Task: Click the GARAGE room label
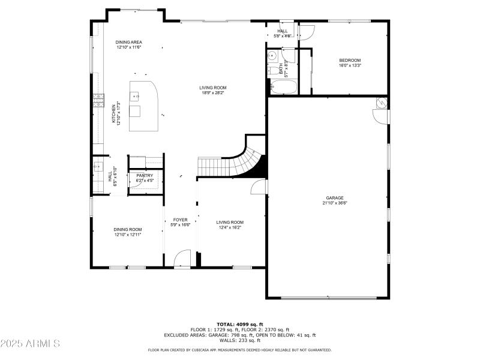[335, 197]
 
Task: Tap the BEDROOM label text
[350, 60]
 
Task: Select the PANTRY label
[145, 175]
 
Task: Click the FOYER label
[181, 220]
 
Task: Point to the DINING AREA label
[129, 42]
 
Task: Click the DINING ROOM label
[128, 229]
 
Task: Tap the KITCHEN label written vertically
[113, 115]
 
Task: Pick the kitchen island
[144, 106]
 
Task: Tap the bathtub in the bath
[281, 89]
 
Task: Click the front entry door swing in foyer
[181, 259]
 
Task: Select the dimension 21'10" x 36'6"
[335, 203]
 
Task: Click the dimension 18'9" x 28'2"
[213, 93]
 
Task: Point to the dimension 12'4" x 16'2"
[230, 227]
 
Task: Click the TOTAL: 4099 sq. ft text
[239, 324]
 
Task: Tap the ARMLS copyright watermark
[30, 344]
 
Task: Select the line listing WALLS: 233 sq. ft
[239, 340]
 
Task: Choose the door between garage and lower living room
[260, 187]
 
